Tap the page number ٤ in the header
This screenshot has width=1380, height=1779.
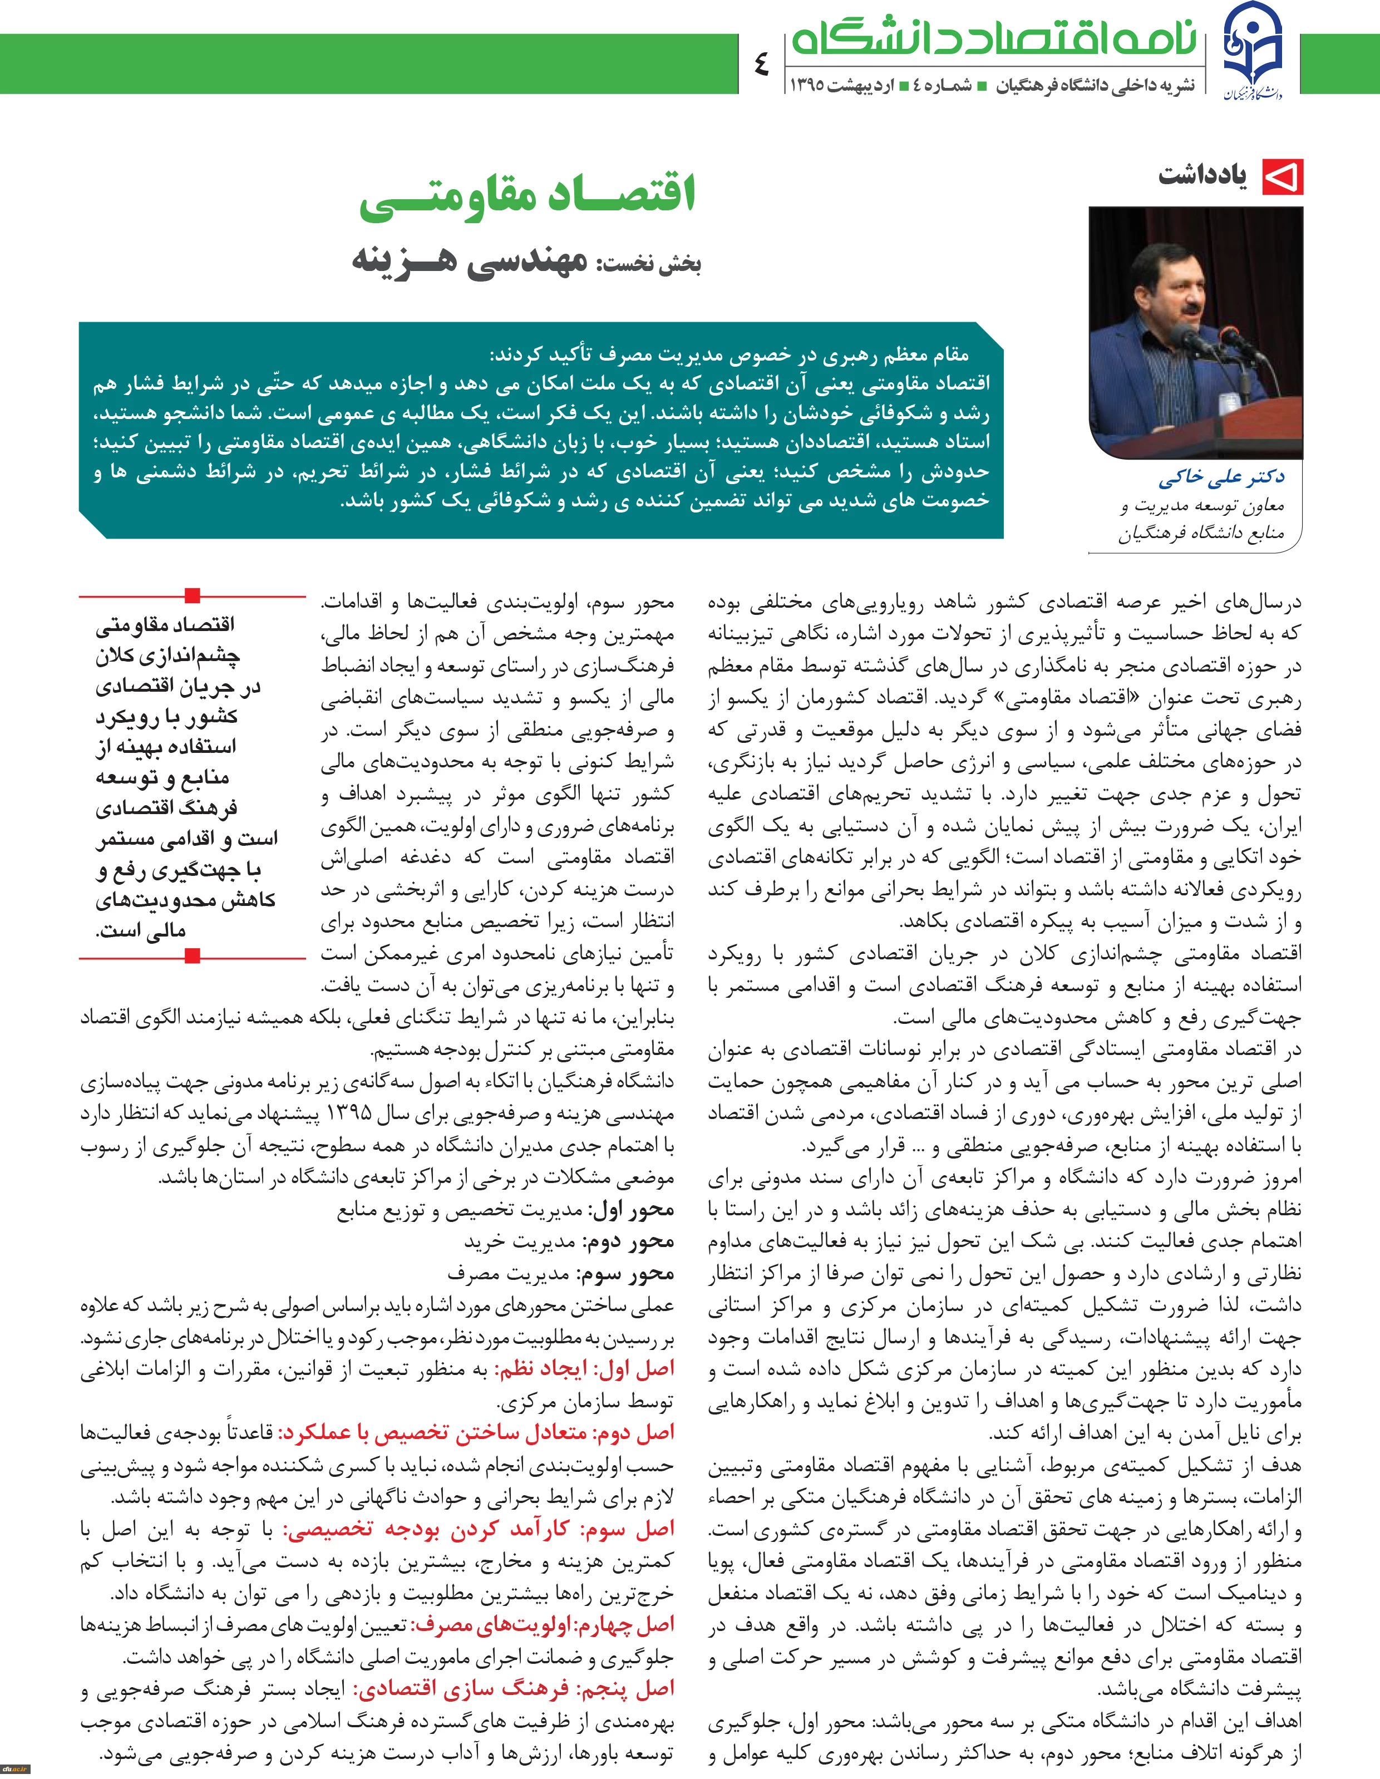pos(762,63)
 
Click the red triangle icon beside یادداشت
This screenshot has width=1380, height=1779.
pos(1282,177)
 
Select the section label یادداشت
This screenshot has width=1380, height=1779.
pos(1202,176)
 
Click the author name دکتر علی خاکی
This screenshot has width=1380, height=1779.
pos(1221,477)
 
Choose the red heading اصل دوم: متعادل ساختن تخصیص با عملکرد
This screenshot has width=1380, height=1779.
pos(477,1432)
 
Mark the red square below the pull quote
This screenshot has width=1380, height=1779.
pos(193,957)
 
